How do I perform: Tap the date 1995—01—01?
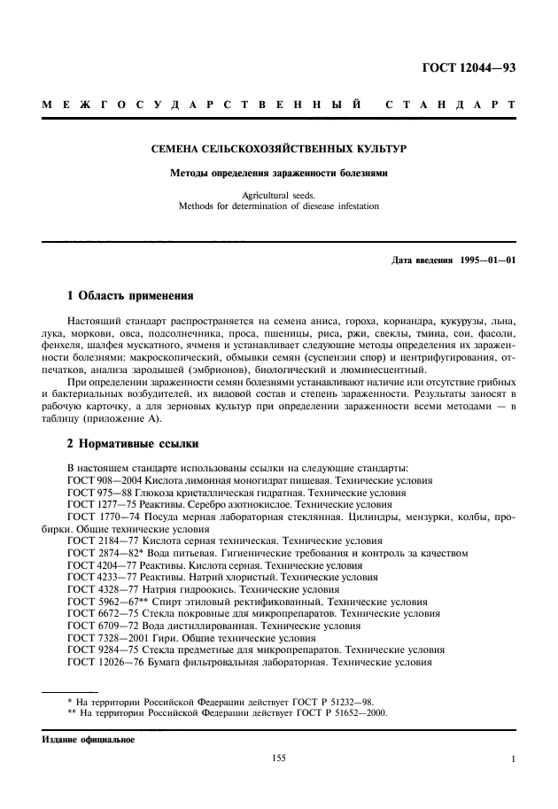click(484, 261)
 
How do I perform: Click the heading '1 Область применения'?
click(130, 294)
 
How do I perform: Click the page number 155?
click(278, 759)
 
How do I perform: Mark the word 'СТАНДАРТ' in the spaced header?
click(450, 107)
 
